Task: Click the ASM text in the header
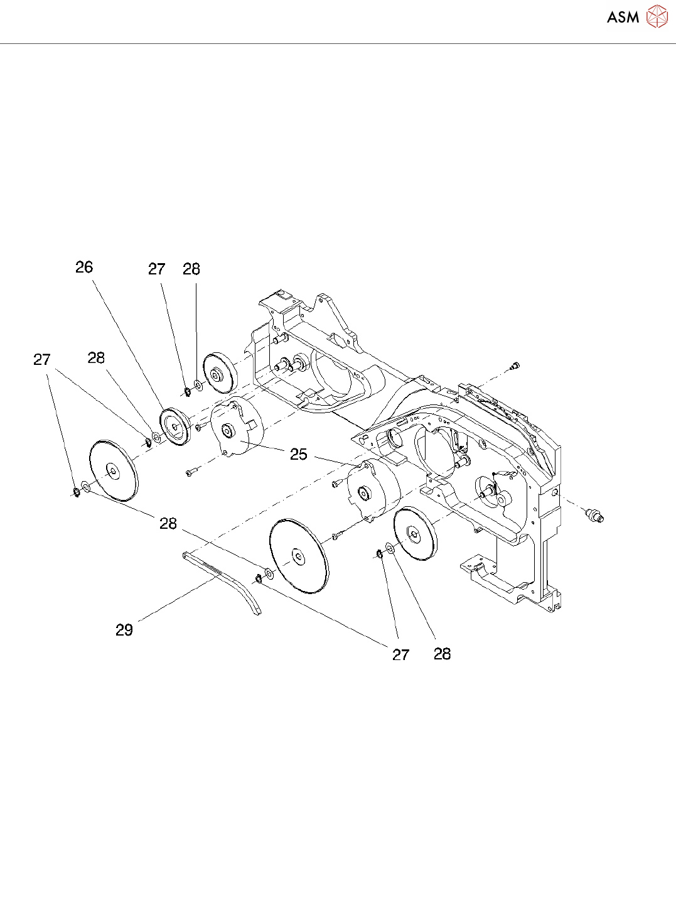click(623, 18)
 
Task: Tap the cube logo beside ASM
click(657, 17)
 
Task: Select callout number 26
click(84, 268)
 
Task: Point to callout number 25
click(299, 454)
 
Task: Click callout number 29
click(124, 630)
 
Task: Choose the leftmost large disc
click(113, 470)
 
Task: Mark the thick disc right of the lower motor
click(414, 534)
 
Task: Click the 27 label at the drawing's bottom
click(400, 655)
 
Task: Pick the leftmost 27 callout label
click(41, 360)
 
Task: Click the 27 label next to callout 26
click(156, 269)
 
